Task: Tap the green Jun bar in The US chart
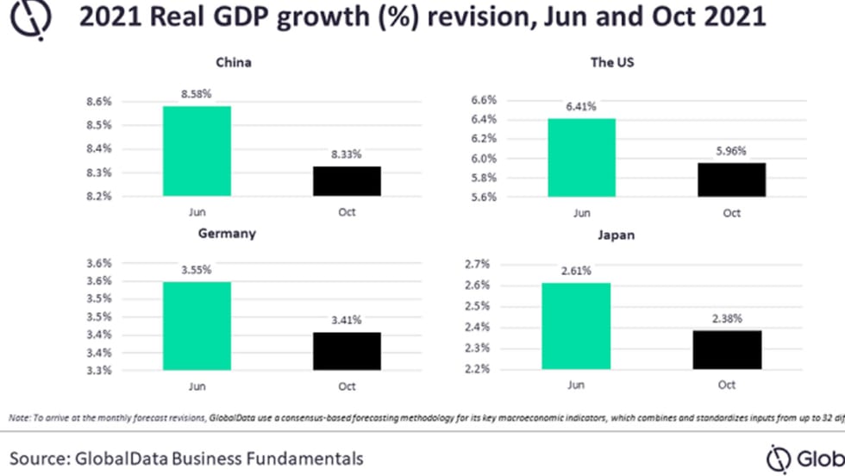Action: tap(581, 158)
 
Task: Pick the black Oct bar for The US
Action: tap(731, 179)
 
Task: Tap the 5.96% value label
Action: tap(731, 150)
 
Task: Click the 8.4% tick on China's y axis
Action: tap(100, 148)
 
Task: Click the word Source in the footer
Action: tap(38, 457)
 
